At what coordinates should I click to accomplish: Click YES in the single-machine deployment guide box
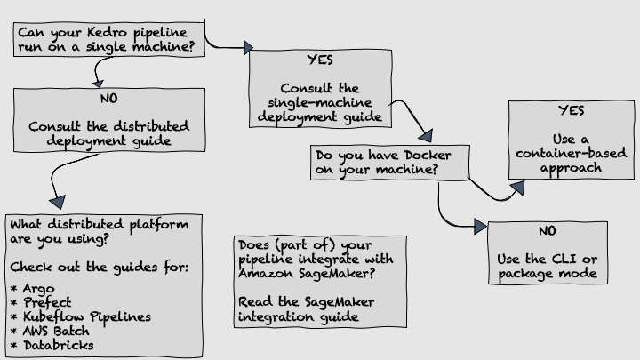coord(319,62)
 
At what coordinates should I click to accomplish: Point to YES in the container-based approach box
coord(572,111)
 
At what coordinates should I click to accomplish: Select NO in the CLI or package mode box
coord(548,231)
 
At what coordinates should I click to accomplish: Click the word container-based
coord(559,154)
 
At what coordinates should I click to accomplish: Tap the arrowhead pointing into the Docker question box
coord(425,137)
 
